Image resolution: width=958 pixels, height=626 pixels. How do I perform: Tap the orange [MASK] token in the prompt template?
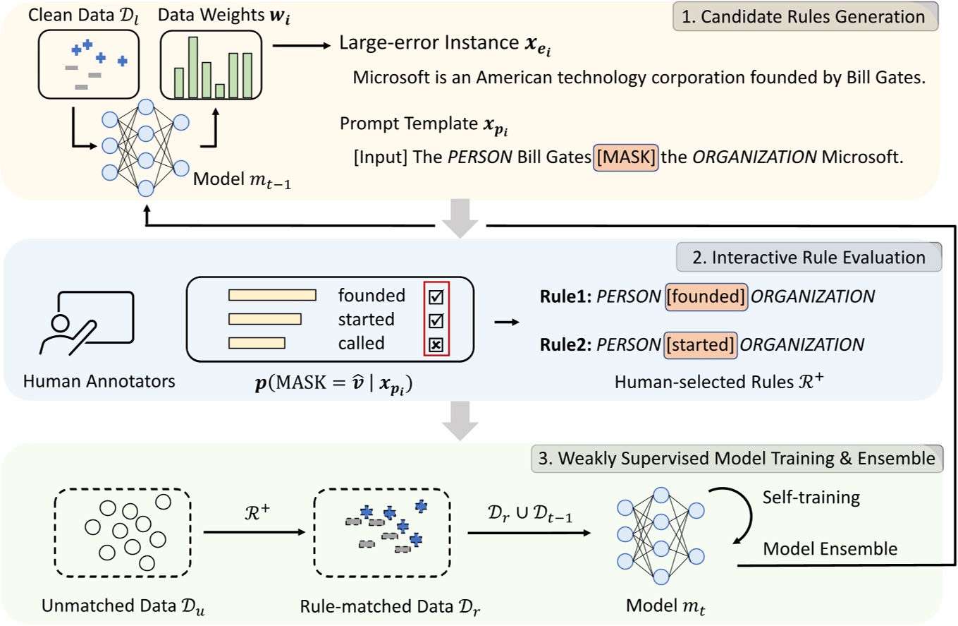click(x=626, y=157)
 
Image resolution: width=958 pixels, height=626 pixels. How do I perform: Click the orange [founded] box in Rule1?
click(x=706, y=296)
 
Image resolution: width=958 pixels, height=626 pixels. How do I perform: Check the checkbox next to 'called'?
click(x=436, y=344)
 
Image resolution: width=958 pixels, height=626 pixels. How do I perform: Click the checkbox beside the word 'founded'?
click(x=436, y=296)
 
